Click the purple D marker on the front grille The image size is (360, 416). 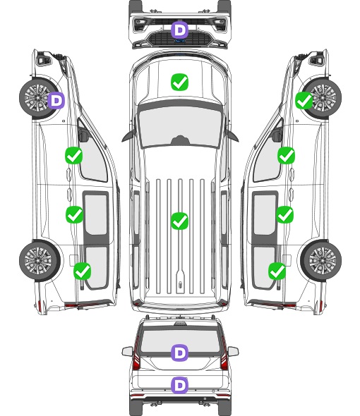[180, 30]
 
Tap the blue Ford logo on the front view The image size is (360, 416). [180, 41]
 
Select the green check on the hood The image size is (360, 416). [179, 82]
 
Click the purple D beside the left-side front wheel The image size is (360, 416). [56, 101]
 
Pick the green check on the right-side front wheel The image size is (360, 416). [304, 101]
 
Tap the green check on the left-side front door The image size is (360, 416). [74, 155]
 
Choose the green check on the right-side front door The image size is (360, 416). [286, 155]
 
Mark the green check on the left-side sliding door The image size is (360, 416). [74, 214]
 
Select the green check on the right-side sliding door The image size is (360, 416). [284, 214]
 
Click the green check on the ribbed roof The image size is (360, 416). [179, 221]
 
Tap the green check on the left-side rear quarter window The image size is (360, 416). [83, 271]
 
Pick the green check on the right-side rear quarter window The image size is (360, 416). [277, 271]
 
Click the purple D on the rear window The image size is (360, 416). [180, 353]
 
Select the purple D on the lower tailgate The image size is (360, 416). [180, 385]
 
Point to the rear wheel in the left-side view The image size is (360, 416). [40, 260]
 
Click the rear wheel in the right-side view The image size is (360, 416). [321, 260]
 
